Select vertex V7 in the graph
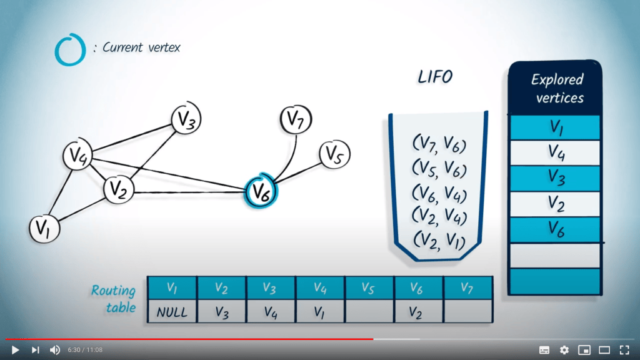tap(296, 119)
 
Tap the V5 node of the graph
tap(334, 154)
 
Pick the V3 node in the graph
tap(186, 118)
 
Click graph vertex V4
tap(77, 156)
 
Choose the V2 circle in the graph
tap(117, 189)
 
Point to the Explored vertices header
tap(556, 88)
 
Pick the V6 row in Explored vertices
tap(556, 229)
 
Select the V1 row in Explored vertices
tap(556, 127)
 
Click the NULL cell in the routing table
tap(172, 311)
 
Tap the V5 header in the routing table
tap(369, 287)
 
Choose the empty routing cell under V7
tap(468, 311)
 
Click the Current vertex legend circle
tap(69, 49)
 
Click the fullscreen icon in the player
tap(624, 349)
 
